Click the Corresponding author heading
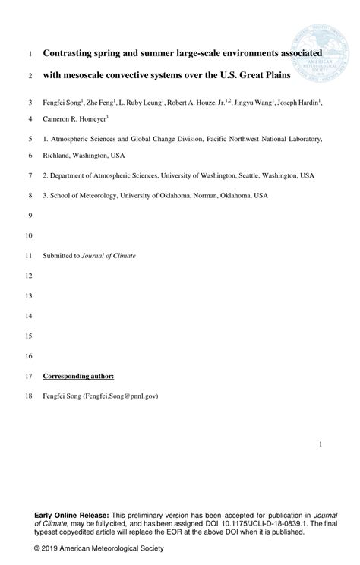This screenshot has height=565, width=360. (78, 376)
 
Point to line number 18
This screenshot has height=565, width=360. (30, 396)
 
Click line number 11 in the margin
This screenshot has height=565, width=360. (30, 256)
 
